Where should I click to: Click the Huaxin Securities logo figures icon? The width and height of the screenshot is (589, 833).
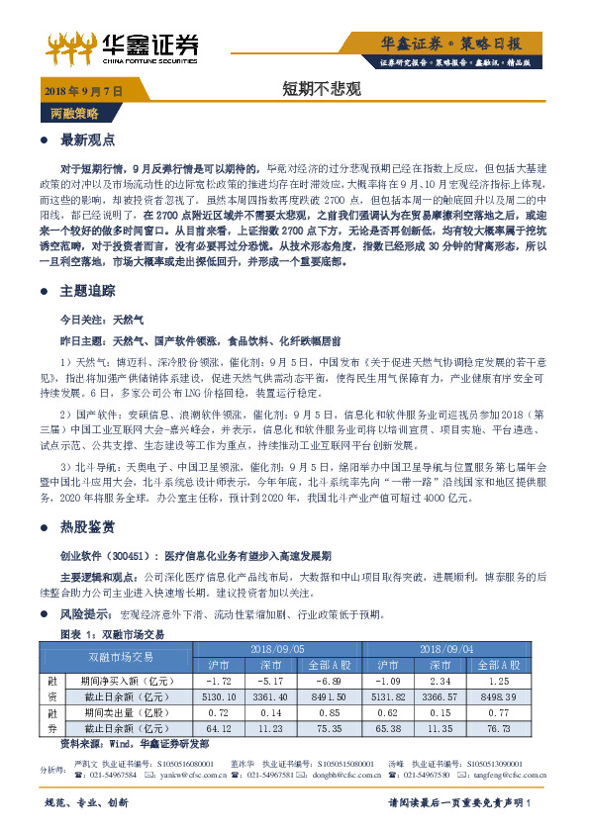[x=73, y=44]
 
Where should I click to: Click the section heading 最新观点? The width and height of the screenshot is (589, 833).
[x=88, y=140]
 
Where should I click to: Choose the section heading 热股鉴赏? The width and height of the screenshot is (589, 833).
[x=88, y=526]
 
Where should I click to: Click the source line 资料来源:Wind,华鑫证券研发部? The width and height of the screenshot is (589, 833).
[x=135, y=743]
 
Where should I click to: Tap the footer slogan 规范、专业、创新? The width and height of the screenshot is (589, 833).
[x=87, y=802]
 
